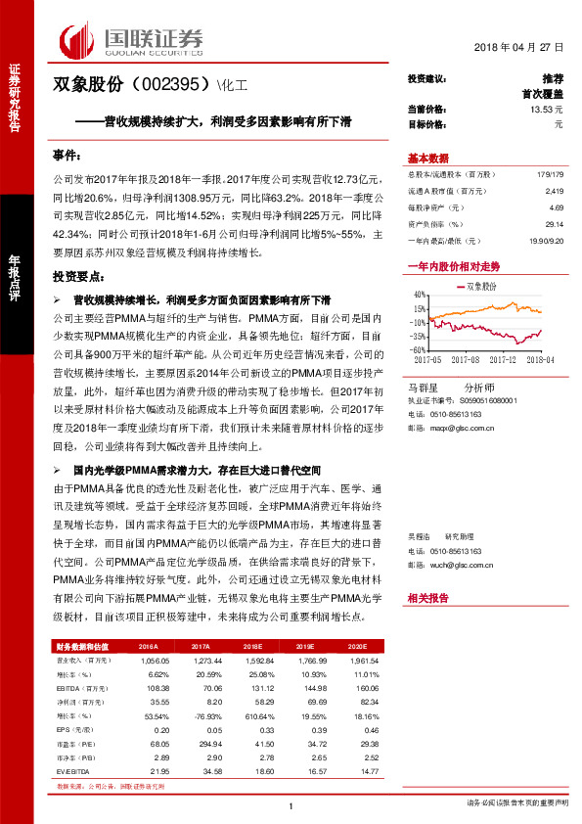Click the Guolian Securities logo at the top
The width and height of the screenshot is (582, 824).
pos(132,39)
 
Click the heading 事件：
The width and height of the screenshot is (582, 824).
pos(67,156)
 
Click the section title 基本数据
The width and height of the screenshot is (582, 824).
pos(427,159)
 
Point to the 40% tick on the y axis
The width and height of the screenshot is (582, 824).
pos(418,295)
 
